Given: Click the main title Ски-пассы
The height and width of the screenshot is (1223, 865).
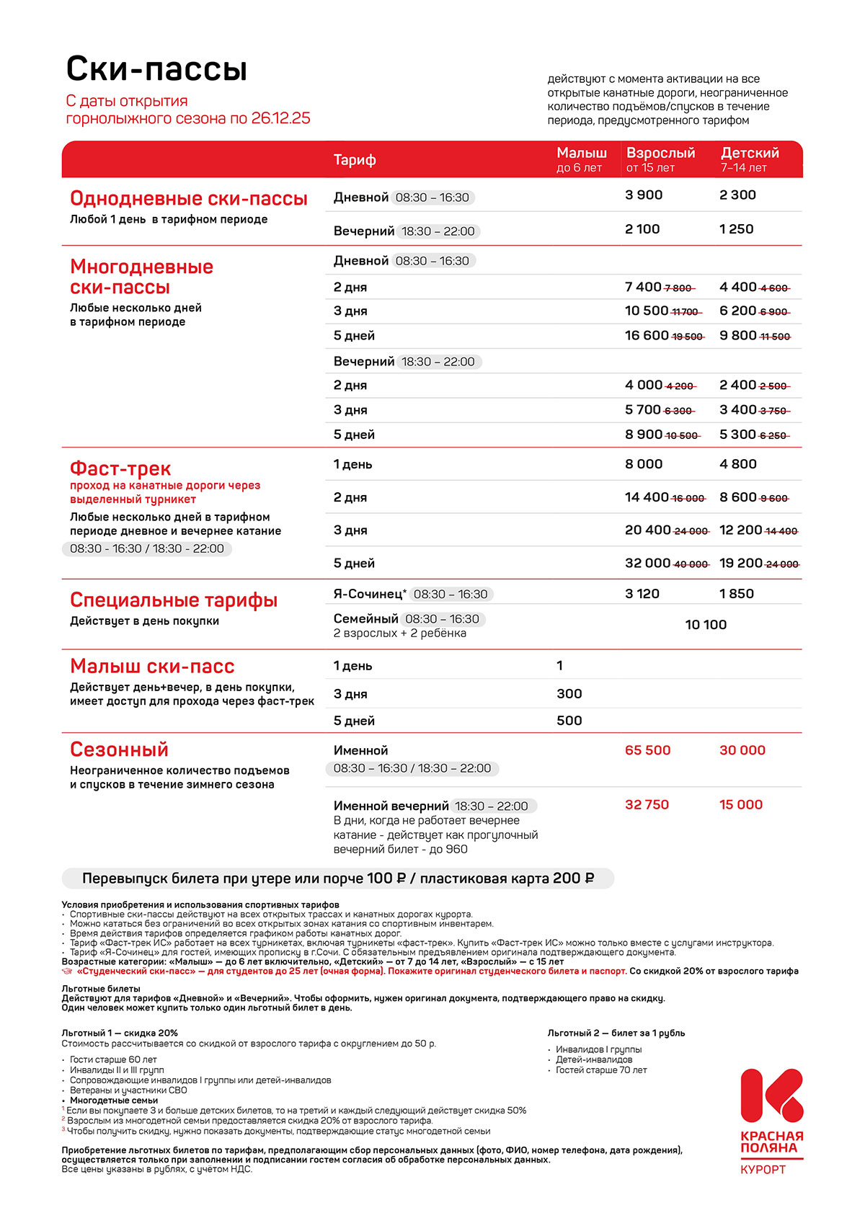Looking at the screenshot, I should tap(156, 69).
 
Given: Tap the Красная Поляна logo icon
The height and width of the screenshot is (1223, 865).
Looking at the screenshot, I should tap(771, 1095).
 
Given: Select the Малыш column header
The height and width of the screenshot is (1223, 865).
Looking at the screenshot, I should tap(582, 154).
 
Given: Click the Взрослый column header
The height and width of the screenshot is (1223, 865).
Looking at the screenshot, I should tap(660, 154).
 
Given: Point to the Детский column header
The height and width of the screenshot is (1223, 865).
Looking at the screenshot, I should tap(750, 154).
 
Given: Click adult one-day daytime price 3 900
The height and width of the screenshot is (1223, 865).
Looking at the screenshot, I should tap(644, 195).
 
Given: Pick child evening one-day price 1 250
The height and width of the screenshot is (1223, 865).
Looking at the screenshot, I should tap(736, 229).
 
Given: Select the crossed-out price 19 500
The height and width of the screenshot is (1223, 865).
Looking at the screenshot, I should tap(688, 337).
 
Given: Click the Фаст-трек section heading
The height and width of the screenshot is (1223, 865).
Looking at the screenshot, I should tap(120, 468).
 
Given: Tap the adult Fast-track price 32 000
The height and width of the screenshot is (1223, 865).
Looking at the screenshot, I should tap(647, 564).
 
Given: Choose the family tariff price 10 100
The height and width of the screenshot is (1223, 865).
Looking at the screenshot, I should tap(706, 625).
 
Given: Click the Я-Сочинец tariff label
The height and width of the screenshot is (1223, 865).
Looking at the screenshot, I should tap(369, 594).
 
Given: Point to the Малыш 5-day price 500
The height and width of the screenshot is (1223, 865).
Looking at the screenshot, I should tap(569, 721).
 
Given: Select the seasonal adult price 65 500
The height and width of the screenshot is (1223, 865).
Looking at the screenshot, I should tap(647, 750).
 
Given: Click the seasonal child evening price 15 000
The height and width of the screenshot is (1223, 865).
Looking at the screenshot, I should tap(740, 805).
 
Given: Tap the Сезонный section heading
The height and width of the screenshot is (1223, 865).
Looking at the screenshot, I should tap(119, 750).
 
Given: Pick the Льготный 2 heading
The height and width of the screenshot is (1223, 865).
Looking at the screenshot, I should tap(616, 1033).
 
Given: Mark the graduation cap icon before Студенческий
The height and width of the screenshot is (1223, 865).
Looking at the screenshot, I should tap(67, 971).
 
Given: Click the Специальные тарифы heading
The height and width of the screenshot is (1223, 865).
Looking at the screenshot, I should tap(173, 600).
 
